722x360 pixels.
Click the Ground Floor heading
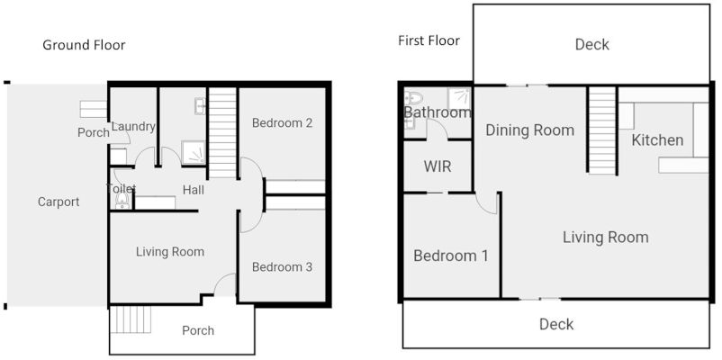click(84, 45)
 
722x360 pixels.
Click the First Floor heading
click(429, 40)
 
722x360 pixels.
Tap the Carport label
click(59, 202)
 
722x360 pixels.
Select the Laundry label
click(134, 127)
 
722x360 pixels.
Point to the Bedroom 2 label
click(282, 122)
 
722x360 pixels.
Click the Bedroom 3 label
click(282, 266)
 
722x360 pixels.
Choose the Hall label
click(194, 190)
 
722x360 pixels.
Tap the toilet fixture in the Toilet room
click(122, 202)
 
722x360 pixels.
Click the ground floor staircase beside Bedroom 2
click(222, 130)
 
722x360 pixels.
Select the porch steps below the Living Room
click(128, 320)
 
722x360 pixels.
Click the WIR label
click(437, 166)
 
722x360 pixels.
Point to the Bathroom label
click(438, 112)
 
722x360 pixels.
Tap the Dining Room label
click(529, 130)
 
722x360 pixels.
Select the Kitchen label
click(657, 140)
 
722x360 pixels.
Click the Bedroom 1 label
click(450, 256)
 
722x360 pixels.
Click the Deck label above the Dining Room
click(591, 44)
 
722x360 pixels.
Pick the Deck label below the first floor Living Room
click(555, 324)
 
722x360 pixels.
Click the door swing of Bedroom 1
click(487, 202)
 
